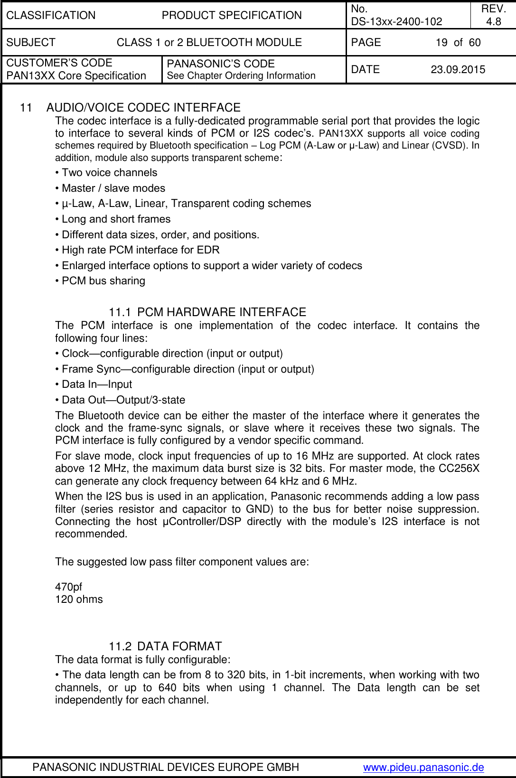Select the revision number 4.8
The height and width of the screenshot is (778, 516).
[x=494, y=21]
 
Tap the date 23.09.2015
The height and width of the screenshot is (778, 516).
[x=458, y=70]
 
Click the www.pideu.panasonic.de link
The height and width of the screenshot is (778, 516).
[x=423, y=768]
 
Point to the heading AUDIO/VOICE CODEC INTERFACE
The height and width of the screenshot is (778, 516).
[x=143, y=108]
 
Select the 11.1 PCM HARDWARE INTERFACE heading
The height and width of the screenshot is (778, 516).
[x=207, y=312]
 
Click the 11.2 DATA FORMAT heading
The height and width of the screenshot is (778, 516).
[x=165, y=647]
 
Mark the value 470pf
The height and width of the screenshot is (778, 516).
[x=69, y=587]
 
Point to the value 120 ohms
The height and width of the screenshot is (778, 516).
[x=79, y=600]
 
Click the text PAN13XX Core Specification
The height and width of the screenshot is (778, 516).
[x=76, y=76]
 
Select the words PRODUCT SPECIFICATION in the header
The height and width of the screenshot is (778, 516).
[x=232, y=15]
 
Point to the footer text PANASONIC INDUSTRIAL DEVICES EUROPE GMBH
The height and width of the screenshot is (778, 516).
[x=166, y=768]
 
